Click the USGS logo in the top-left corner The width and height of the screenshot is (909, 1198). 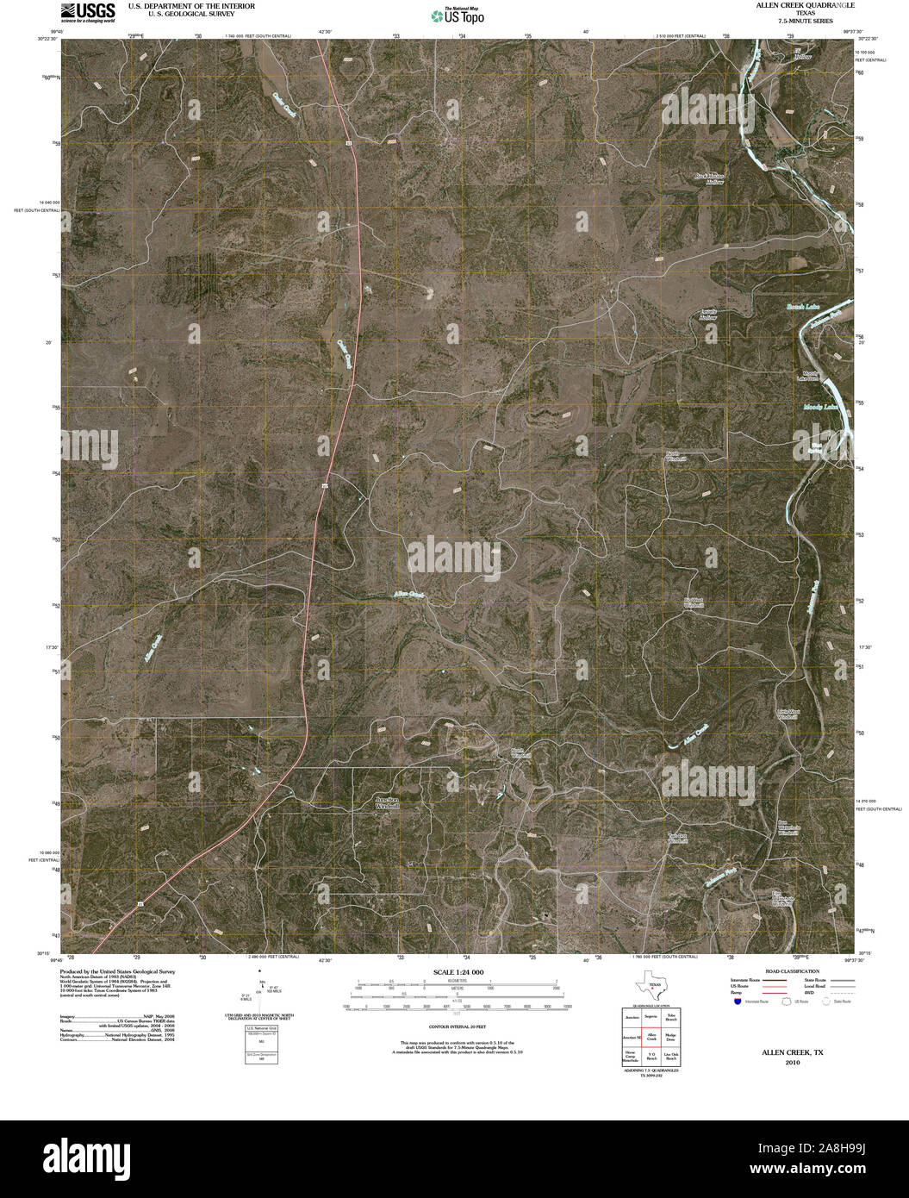tap(88, 11)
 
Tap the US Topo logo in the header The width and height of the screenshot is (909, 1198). tap(458, 16)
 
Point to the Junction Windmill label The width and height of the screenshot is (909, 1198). tap(388, 802)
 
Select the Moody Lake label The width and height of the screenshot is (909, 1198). tap(819, 407)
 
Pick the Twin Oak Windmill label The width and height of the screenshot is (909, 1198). tap(678, 840)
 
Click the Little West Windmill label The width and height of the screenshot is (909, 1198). tap(788, 714)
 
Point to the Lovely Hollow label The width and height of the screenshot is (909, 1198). tap(707, 315)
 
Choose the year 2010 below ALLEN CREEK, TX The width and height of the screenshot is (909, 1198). tap(793, 1063)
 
